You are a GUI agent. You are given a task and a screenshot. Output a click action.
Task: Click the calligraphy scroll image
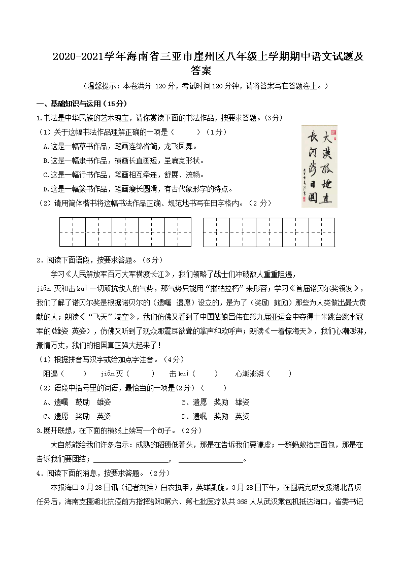point(319,165)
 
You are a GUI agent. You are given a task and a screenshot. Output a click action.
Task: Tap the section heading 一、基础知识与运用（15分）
point(82,104)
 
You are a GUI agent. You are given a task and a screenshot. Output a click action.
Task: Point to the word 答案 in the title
point(201,71)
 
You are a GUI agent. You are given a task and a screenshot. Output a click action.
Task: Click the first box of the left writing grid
point(73,232)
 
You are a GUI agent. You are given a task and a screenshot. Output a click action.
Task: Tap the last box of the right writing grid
point(322,232)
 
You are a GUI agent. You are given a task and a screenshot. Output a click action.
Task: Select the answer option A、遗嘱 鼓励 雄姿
point(77,402)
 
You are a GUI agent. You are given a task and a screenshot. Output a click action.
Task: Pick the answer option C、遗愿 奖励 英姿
point(77,416)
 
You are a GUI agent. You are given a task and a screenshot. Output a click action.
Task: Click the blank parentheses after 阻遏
point(74,374)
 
